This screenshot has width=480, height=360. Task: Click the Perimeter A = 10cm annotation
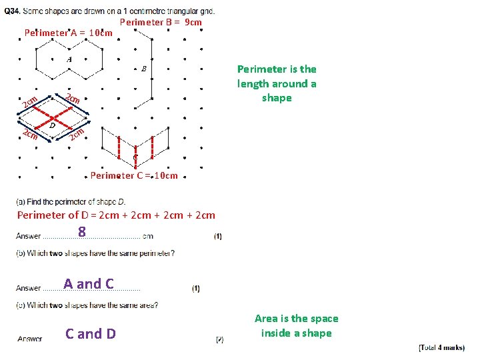click(68, 33)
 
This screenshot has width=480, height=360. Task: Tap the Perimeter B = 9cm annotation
click(161, 22)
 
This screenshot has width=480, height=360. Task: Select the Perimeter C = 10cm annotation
click(134, 175)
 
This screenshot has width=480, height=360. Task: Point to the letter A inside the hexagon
click(68, 59)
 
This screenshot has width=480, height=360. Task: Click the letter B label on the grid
click(143, 69)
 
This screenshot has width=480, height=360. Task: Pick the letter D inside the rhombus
click(52, 125)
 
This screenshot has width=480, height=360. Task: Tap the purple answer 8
click(81, 232)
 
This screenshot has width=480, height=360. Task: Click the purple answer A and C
click(89, 283)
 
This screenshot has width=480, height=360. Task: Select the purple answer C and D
click(90, 333)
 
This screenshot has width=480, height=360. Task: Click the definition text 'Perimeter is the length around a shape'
click(277, 83)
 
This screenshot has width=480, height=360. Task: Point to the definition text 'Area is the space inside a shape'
click(296, 326)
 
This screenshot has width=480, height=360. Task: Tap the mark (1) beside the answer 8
click(219, 236)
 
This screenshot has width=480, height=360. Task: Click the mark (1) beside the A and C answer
click(195, 288)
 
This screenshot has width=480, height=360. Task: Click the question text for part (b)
click(95, 253)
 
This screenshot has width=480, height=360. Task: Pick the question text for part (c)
click(87, 305)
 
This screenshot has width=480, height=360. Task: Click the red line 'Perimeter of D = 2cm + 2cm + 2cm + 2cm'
click(116, 215)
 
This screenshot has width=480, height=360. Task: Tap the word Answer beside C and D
click(29, 339)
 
